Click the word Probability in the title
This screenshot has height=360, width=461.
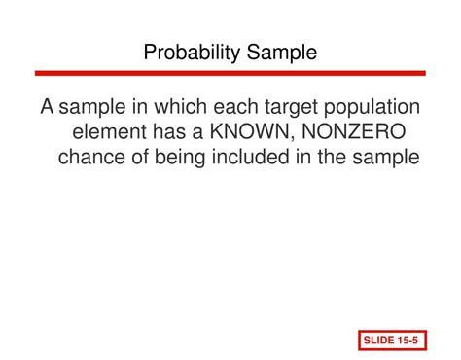(193, 53)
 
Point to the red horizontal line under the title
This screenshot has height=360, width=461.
(230, 73)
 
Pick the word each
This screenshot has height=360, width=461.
(231, 107)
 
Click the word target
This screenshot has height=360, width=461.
(288, 107)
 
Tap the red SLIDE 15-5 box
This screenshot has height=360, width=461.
(390, 340)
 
